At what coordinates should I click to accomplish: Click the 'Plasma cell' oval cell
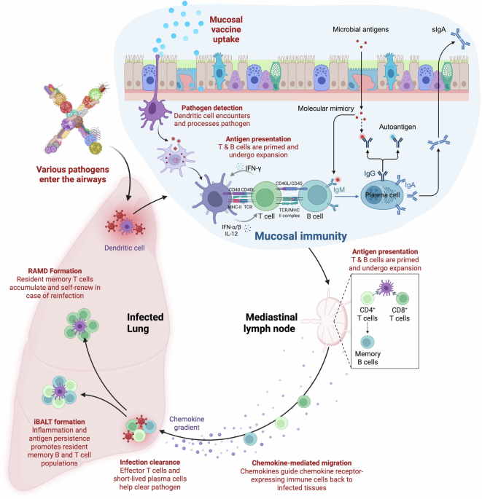(x=392, y=195)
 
